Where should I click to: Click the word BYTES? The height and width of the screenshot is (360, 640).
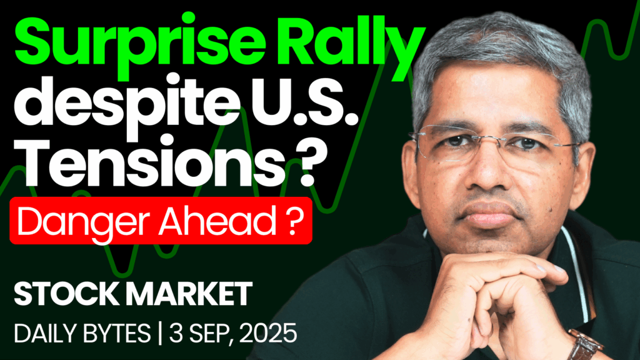pyautogui.click(x=117, y=334)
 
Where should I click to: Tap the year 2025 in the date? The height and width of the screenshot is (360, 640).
pyautogui.click(x=268, y=334)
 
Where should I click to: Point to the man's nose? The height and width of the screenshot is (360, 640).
pyautogui.click(x=486, y=176)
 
